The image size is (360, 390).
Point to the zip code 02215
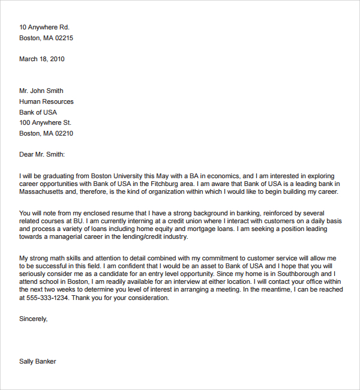click(x=63, y=38)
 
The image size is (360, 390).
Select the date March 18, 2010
click(x=42, y=59)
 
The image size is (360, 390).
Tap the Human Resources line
click(x=47, y=101)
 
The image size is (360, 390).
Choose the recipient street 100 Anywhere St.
click(x=46, y=122)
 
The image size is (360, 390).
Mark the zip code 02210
click(x=63, y=133)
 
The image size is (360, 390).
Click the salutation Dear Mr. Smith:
click(x=41, y=154)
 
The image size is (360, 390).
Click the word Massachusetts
click(x=43, y=192)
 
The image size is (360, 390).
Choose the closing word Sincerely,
click(x=34, y=319)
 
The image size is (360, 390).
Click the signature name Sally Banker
click(x=38, y=361)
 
